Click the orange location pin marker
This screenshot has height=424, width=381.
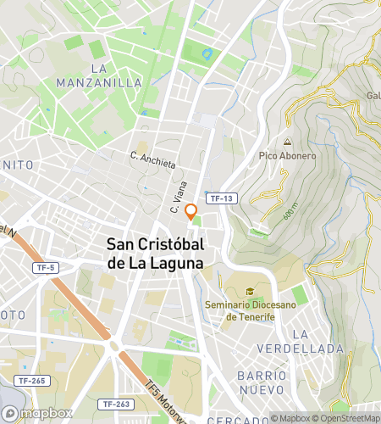click(191, 211)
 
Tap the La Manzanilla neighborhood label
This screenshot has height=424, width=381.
click(98, 75)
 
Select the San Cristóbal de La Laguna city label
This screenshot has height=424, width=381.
click(155, 253)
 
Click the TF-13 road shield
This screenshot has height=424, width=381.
click(221, 198)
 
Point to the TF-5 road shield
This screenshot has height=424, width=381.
click(46, 268)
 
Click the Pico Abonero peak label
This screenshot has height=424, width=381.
click(287, 156)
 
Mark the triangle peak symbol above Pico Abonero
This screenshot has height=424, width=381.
click(288, 142)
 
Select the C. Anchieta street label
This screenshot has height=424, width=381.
click(152, 158)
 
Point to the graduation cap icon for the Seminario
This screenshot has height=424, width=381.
click(250, 292)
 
